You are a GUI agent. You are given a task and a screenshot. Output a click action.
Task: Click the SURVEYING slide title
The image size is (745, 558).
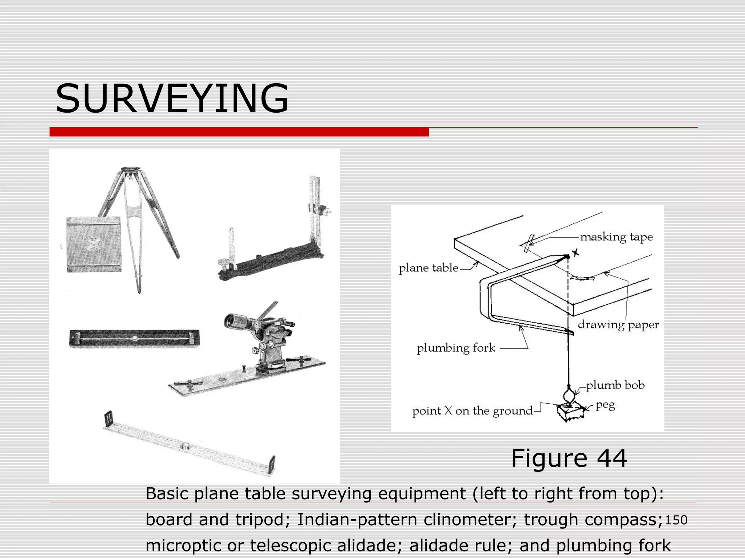pos(172,98)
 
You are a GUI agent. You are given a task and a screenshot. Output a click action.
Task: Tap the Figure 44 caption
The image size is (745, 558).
pos(569,458)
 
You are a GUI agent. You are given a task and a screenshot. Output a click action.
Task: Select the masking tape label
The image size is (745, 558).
pos(616,237)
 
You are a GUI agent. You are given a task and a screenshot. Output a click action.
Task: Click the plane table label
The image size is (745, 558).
pos(429,268)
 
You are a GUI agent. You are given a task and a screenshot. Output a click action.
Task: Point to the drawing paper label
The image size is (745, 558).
pos(618,324)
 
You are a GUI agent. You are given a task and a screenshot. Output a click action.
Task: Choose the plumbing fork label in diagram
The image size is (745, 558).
pos(456,348)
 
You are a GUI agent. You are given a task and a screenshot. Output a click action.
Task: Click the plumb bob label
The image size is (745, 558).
pos(615,385)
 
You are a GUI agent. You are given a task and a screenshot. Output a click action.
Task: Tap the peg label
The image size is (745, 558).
pos(605,405)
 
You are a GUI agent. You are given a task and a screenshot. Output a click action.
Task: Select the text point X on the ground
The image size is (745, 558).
pos(472,411)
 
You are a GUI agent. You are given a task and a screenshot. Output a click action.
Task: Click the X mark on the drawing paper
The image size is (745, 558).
pos(575,253)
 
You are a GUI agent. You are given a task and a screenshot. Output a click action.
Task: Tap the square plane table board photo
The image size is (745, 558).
pos(94,244)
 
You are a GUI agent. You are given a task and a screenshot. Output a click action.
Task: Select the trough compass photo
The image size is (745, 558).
pos(134,338)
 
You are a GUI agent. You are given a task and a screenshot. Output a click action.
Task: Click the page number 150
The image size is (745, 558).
pos(676,520)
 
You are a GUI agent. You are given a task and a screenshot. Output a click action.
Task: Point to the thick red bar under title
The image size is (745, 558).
pos(239,132)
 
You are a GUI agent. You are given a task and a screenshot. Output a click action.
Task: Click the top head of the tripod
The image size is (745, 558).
pos(128,170)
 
